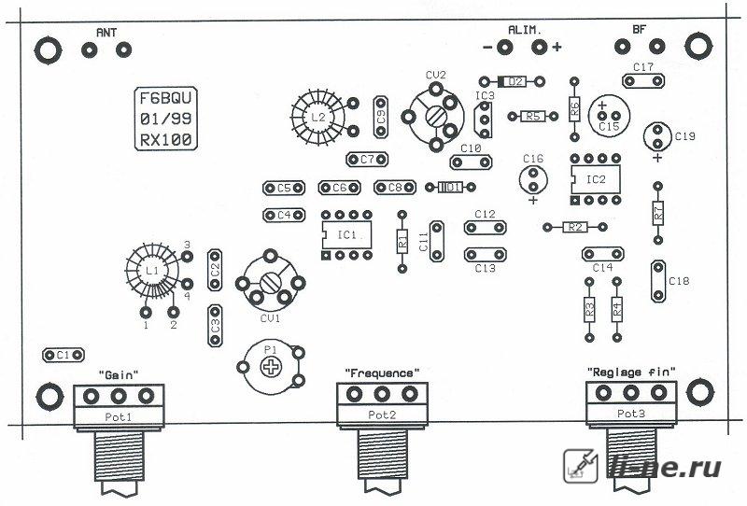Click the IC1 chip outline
click(x=346, y=235)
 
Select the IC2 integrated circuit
click(x=596, y=179)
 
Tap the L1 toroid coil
click(x=152, y=271)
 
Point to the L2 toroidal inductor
click(x=317, y=118)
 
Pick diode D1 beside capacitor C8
click(x=450, y=188)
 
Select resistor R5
click(x=533, y=116)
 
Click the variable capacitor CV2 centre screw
click(x=435, y=117)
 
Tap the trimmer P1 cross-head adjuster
click(x=271, y=366)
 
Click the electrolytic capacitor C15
click(x=609, y=116)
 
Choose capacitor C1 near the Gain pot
click(x=63, y=355)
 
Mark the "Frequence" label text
click(x=382, y=372)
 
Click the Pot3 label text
click(x=631, y=413)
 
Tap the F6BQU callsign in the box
click(x=165, y=98)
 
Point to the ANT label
click(x=106, y=33)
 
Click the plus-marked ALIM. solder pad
click(x=539, y=47)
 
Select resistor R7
click(x=658, y=213)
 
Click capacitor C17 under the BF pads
click(x=643, y=81)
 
